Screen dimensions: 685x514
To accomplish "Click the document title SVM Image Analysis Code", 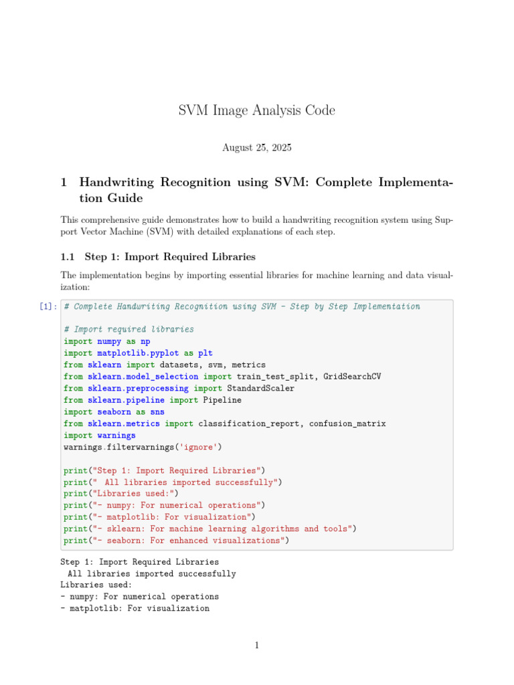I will pyautogui.click(x=257, y=110).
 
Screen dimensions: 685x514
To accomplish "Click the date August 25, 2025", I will pyautogui.click(x=257, y=147).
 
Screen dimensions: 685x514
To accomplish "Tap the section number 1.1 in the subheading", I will pyautogui.click(x=68, y=256).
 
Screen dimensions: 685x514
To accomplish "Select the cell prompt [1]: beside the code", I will pyautogui.click(x=48, y=306).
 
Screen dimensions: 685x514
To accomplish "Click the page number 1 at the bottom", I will pyautogui.click(x=256, y=646).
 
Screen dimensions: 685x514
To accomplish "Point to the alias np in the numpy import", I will pyautogui.click(x=145, y=341).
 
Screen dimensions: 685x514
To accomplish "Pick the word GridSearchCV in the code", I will pyautogui.click(x=352, y=377).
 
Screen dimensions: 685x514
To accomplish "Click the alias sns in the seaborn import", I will pyautogui.click(x=157, y=412).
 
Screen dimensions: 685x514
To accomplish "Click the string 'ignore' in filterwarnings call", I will pyautogui.click(x=198, y=447).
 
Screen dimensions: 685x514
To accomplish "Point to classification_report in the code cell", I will pyautogui.click(x=248, y=423).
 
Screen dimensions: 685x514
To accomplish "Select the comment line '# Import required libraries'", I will pyautogui.click(x=128, y=329).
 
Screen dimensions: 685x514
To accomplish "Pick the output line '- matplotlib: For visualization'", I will pyautogui.click(x=135, y=609).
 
